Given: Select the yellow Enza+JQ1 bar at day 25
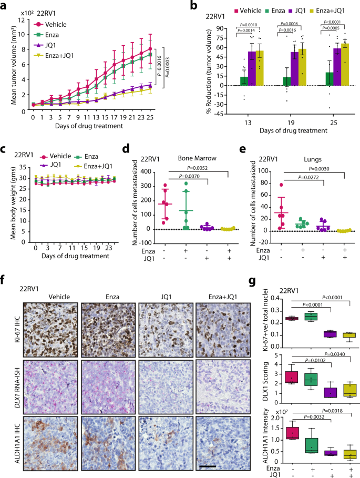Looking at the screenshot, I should (345, 64).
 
